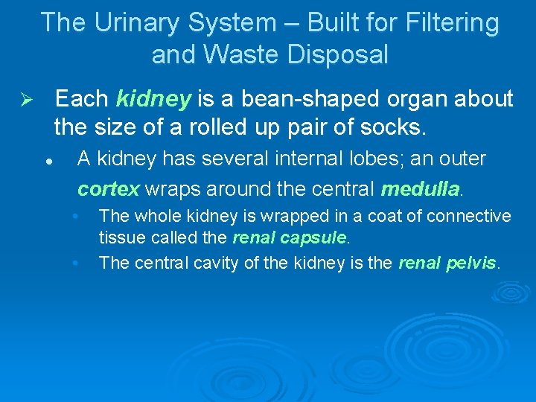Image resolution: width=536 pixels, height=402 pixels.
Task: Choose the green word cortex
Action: [108, 189]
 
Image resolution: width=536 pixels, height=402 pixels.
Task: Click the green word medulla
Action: [420, 189]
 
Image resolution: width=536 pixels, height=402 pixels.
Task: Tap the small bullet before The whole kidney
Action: [76, 217]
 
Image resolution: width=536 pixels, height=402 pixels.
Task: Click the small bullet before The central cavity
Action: [76, 263]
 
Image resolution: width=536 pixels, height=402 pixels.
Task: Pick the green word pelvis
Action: [470, 263]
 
